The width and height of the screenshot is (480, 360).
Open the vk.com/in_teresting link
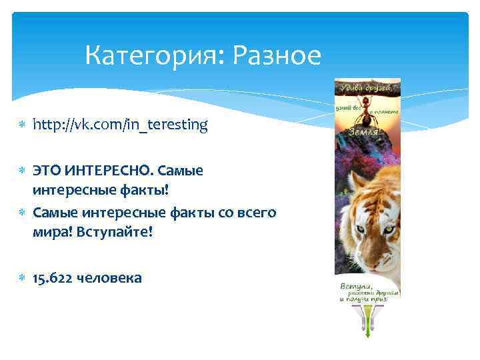point(121,124)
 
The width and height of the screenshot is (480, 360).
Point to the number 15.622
point(55,278)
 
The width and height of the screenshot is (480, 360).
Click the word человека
point(111,278)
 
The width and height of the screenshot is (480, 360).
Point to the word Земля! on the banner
point(366,132)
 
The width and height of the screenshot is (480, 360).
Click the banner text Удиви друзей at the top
point(367,87)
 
